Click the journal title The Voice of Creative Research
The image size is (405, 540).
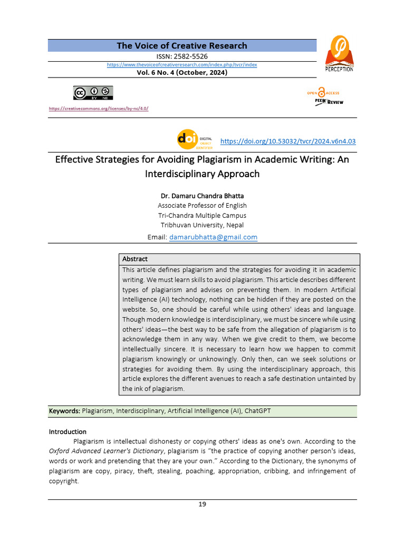[x=182, y=46]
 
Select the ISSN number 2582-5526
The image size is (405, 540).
[x=182, y=56]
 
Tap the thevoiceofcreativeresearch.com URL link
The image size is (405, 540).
[x=182, y=64]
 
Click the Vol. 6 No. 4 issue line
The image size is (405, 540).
[x=182, y=73]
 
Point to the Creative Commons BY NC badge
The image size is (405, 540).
[x=93, y=93]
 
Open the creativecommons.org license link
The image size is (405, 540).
[x=99, y=109]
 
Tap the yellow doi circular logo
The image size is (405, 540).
[x=188, y=139]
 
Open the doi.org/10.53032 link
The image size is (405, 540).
[x=287, y=141]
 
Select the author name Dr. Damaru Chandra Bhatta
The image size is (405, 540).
[x=202, y=196]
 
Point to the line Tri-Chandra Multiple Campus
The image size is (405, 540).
[x=202, y=215]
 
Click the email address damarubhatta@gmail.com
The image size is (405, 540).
[x=213, y=237]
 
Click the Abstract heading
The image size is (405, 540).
[x=135, y=259]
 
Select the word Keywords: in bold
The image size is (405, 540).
[x=64, y=411]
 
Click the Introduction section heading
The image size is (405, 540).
[x=67, y=431]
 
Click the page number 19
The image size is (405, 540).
[x=202, y=505]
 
